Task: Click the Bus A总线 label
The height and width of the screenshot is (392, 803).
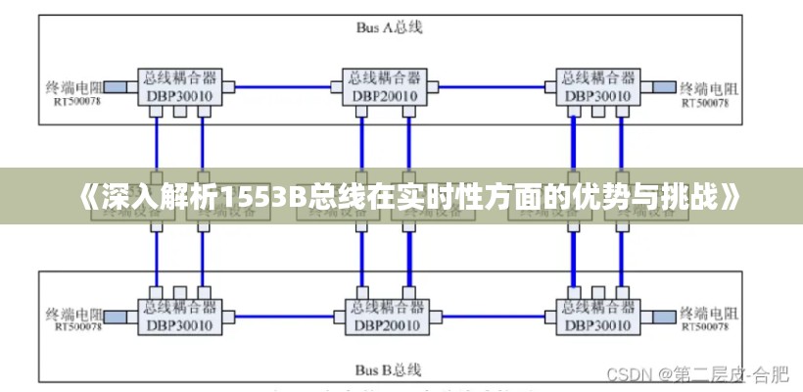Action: (389, 28)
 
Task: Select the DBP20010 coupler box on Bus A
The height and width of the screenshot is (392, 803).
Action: (385, 86)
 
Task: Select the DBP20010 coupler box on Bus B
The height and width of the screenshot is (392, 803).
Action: (385, 316)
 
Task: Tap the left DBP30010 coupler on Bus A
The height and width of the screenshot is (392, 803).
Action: (181, 86)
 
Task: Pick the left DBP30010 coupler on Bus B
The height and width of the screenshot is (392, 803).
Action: (181, 316)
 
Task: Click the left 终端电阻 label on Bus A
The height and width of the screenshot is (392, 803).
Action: (75, 86)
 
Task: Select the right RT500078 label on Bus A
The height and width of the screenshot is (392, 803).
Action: (705, 101)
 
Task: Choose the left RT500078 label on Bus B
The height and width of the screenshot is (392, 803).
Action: (76, 327)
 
